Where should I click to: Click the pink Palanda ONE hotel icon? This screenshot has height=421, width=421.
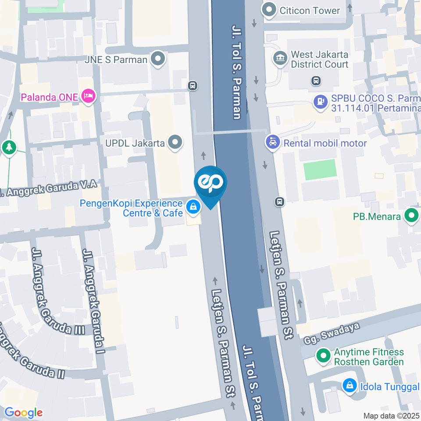point(89,96)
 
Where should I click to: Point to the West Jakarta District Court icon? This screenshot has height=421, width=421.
point(279,58)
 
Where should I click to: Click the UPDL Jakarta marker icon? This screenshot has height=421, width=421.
point(175,142)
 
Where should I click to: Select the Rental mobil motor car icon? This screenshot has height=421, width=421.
point(273,142)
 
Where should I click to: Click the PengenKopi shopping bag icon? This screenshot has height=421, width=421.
point(193,206)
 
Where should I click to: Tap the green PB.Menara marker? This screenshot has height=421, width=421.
point(411,216)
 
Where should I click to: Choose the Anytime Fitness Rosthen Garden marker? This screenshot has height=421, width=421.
point(324,356)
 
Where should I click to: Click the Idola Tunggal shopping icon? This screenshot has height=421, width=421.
point(350,386)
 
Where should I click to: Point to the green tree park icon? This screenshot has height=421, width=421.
point(8,147)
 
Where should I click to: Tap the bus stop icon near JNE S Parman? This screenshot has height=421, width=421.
point(192,85)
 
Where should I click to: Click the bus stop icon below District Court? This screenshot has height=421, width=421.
point(316,81)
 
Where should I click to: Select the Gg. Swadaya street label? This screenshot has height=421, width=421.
point(332,333)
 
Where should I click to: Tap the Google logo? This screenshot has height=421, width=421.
point(23,412)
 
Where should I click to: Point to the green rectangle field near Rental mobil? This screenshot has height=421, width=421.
point(320,170)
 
